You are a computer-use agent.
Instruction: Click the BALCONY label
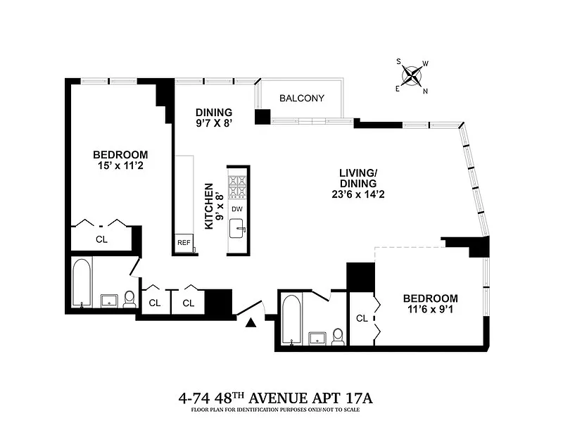click(x=302, y=98)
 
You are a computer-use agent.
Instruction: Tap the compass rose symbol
click(x=412, y=76)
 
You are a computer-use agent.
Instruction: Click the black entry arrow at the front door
click(x=251, y=323)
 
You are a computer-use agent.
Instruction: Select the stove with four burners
click(x=237, y=187)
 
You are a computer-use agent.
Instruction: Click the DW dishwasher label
click(x=237, y=209)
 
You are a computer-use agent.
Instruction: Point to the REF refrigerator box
click(x=184, y=243)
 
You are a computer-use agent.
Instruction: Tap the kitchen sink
click(x=236, y=228)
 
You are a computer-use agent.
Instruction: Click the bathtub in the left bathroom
click(x=82, y=282)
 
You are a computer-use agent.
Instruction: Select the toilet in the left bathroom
click(x=129, y=299)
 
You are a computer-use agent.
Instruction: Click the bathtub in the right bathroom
click(x=291, y=320)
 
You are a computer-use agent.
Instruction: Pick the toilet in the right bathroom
click(x=338, y=337)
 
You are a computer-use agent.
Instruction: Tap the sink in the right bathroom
click(x=318, y=339)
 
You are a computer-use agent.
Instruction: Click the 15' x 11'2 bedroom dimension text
click(x=120, y=165)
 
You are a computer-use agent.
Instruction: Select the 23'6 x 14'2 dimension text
click(x=358, y=194)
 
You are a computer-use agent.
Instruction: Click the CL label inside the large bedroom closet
click(x=101, y=239)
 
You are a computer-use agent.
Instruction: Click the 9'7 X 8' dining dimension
click(x=214, y=123)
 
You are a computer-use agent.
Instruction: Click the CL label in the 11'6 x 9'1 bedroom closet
click(x=362, y=319)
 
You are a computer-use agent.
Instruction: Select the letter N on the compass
click(x=426, y=91)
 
